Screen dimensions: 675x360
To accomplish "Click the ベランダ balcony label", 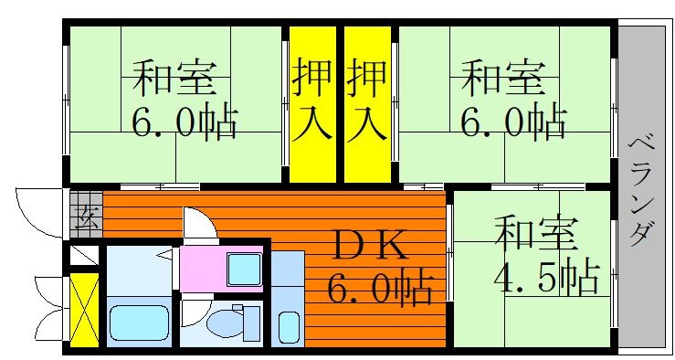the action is pos(641,191).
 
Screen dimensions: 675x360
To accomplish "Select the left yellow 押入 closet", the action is pos(312,104).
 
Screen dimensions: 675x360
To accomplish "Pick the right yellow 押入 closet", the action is pos(367,104).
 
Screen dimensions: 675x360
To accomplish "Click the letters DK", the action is pos(370,247).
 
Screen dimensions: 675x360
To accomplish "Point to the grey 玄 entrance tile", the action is pos(87,215).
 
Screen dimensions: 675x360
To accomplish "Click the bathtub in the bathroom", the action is pos(139,323).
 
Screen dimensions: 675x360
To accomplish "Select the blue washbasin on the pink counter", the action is pos(244,270).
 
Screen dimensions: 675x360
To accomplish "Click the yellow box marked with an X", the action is pos(84,309).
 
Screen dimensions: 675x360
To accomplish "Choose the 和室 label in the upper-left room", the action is pos(174,78).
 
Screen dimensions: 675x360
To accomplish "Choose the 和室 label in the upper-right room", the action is pos(503,78).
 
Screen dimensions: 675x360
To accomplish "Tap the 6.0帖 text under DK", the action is pos(380,285).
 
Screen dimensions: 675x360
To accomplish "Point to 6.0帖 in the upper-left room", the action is pos(185,120).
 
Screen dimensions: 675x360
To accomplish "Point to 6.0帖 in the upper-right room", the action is pos(513,120).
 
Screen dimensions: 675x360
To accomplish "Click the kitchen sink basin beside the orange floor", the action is pos(289,327).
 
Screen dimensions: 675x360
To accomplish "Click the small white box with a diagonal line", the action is pos(84,256).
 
